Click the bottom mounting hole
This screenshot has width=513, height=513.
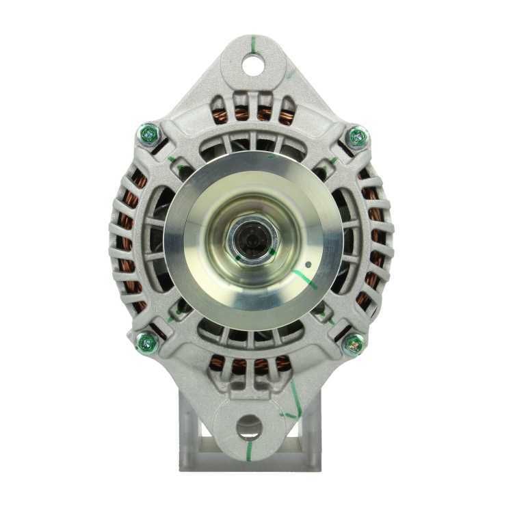[x=249, y=428]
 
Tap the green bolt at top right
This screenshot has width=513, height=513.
[x=356, y=137]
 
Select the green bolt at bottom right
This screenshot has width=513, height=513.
[x=353, y=343]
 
